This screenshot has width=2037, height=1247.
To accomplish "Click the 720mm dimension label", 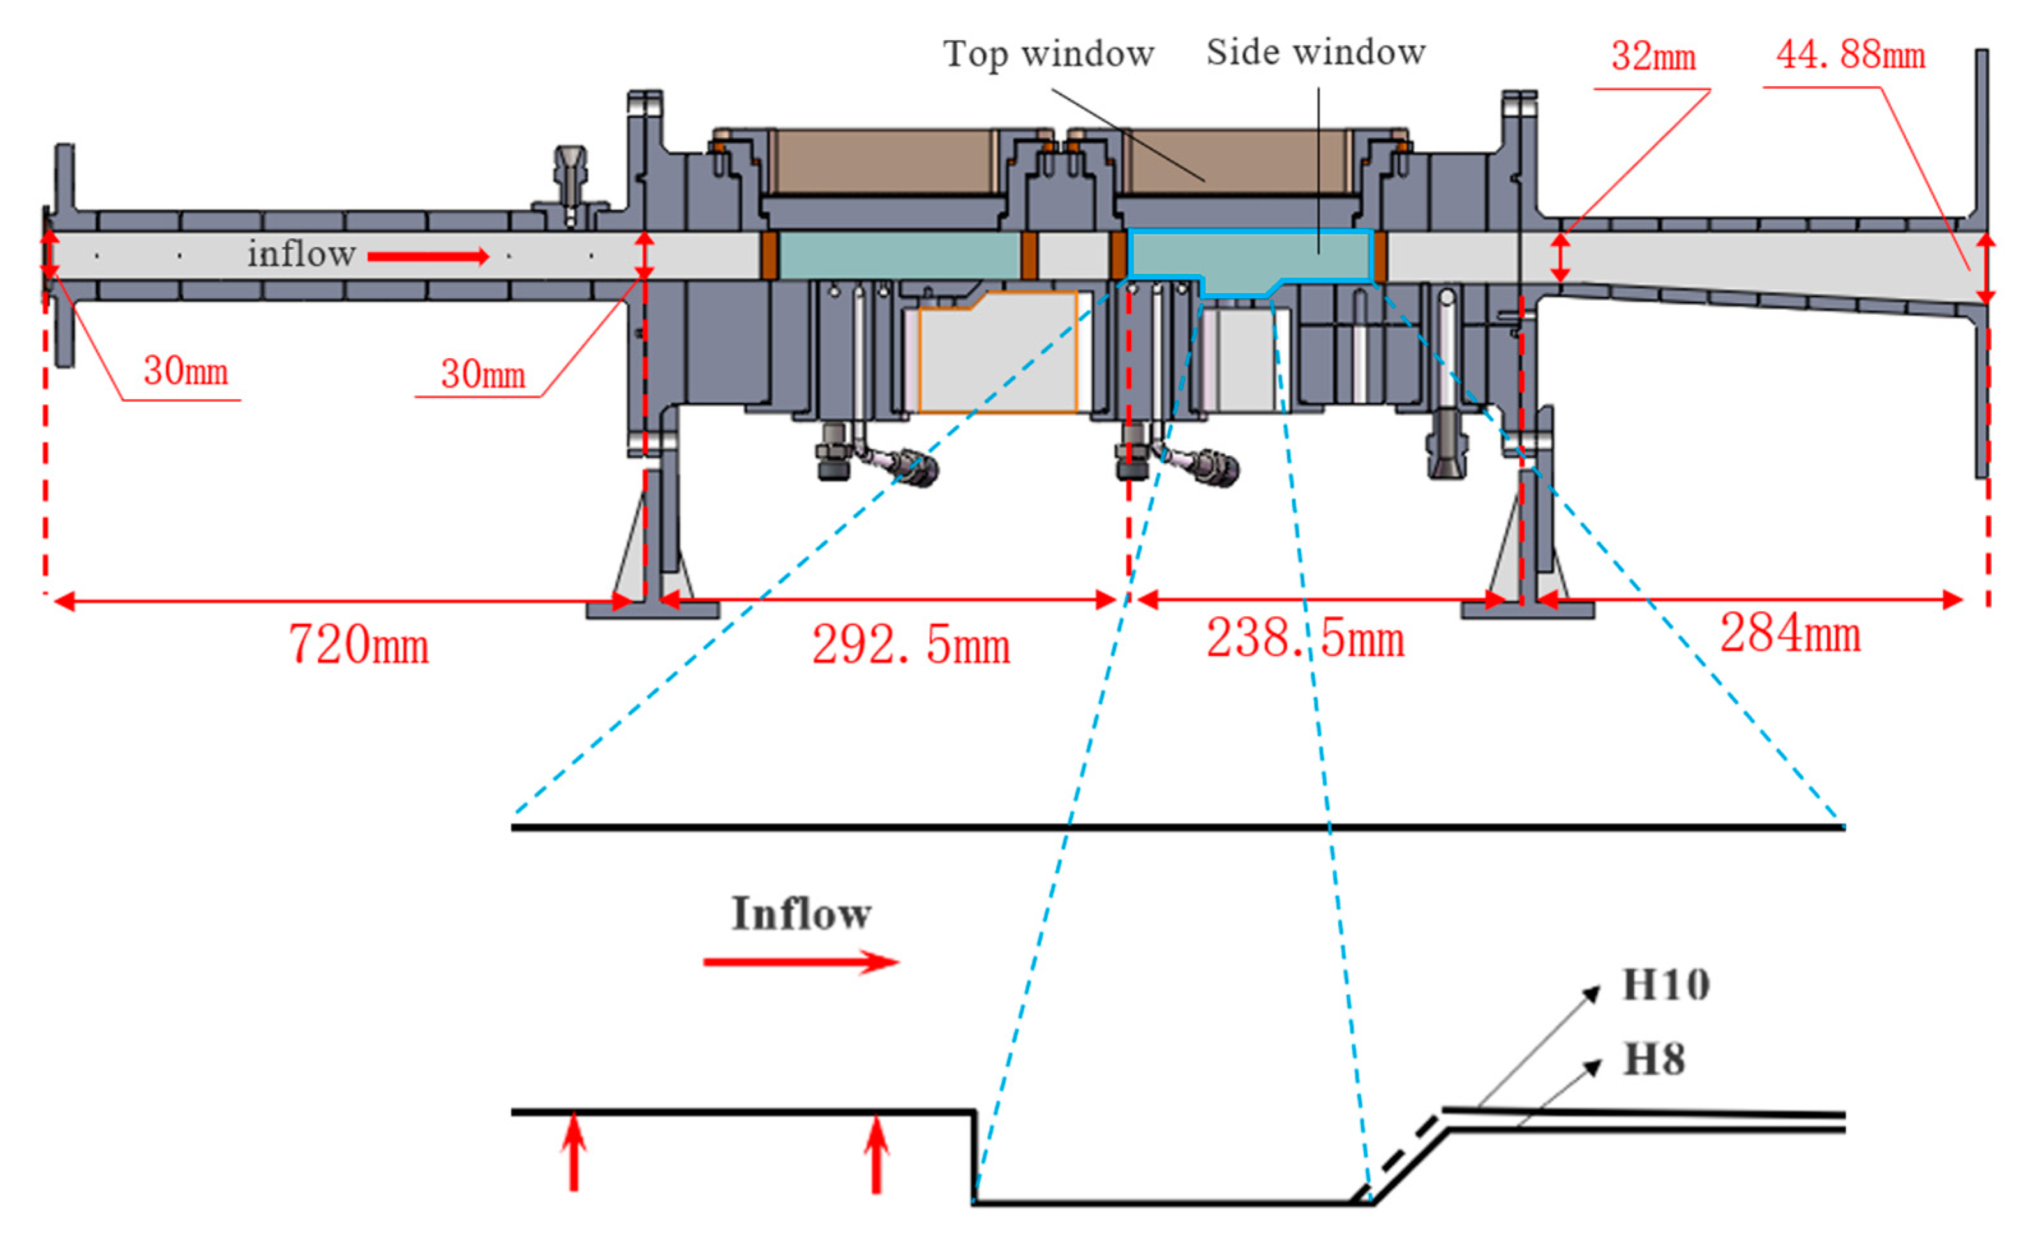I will [359, 645].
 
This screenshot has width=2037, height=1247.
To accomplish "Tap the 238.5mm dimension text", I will [1304, 639].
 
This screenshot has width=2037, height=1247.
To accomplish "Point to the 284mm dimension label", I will [1790, 634].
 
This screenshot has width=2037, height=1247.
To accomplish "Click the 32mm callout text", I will [1653, 56].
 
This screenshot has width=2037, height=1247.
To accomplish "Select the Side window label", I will [1315, 52].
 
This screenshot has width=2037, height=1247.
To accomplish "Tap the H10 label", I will [1665, 986].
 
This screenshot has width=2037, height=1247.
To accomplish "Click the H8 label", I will [1653, 1060].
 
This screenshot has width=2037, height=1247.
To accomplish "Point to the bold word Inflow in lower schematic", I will [800, 914].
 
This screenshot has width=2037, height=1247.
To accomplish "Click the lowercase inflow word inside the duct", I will [302, 254].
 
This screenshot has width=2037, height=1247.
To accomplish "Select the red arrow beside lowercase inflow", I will [428, 257].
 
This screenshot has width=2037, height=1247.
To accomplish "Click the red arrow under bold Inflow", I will [800, 962].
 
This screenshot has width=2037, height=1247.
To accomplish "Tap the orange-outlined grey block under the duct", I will [997, 353].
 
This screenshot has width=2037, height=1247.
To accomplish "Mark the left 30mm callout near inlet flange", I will [186, 371].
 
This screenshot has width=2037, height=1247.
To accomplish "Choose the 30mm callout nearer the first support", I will [483, 375].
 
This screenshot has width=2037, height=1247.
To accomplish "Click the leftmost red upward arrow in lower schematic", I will [574, 1151].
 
